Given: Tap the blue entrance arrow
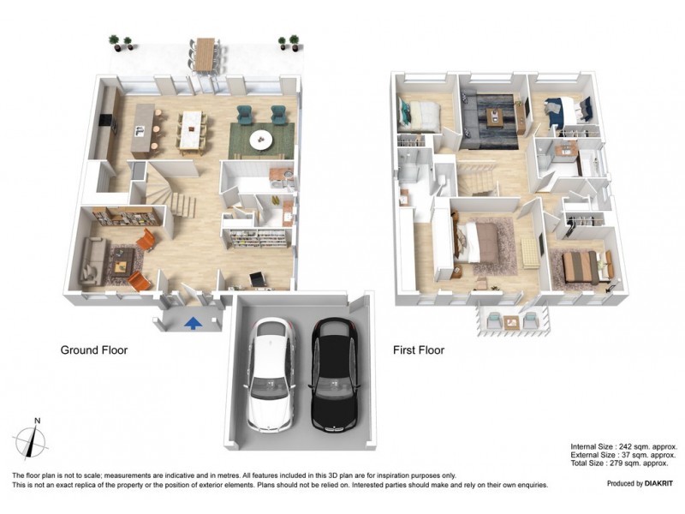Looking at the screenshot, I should click(x=194, y=322).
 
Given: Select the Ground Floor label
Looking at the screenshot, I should click(x=93, y=350).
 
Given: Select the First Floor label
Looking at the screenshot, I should click(x=418, y=350).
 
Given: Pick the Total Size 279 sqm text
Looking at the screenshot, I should click(x=623, y=463).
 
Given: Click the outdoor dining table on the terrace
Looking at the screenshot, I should click(x=205, y=54).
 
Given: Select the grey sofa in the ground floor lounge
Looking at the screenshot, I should click(x=92, y=261).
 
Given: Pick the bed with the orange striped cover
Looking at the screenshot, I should click(x=581, y=265).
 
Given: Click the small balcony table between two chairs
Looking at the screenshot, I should click(x=511, y=322).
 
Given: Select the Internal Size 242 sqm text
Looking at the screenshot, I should click(x=623, y=446).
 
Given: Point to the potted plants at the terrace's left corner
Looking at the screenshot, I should click(x=120, y=42).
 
